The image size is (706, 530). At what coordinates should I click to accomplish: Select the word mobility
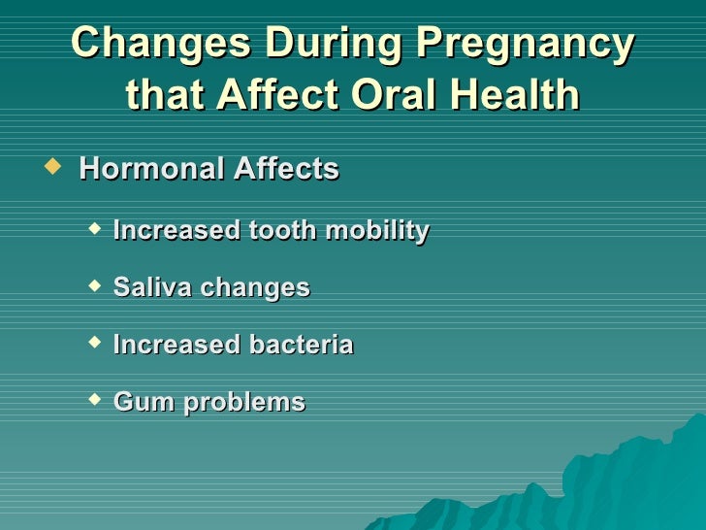pyautogui.click(x=377, y=231)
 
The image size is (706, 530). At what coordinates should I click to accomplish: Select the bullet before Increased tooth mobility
pyautogui.click(x=93, y=229)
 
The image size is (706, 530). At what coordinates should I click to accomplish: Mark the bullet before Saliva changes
pyautogui.click(x=93, y=285)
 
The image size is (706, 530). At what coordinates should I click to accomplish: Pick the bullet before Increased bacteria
pyautogui.click(x=93, y=343)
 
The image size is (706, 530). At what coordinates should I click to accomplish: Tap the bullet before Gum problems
pyautogui.click(x=93, y=399)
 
